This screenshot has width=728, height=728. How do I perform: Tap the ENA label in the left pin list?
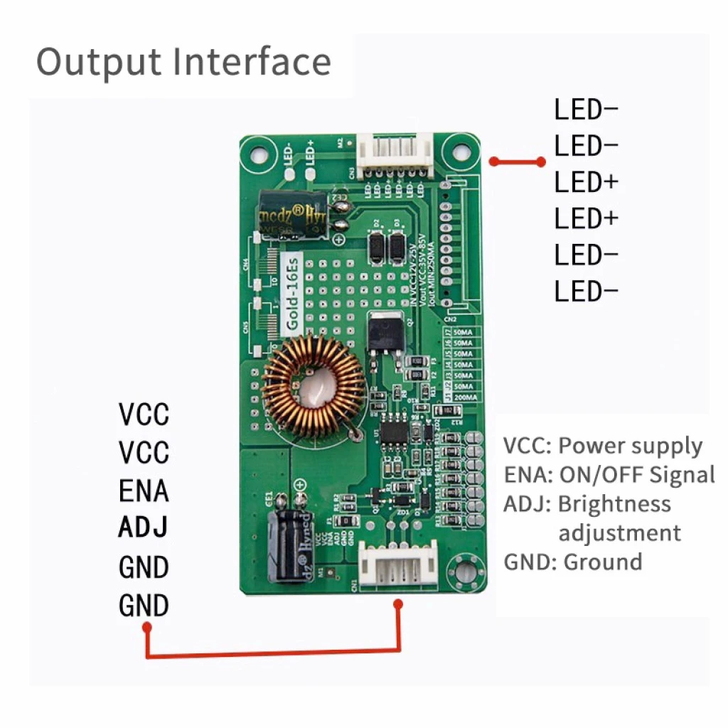(x=144, y=491)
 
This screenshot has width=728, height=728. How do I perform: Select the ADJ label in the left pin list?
(x=144, y=528)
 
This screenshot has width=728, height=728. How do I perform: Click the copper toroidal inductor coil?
(x=314, y=386)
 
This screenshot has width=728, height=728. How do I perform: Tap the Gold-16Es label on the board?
(x=293, y=291)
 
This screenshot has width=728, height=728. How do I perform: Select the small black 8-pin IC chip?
(x=393, y=432)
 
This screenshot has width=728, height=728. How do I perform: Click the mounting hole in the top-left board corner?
(x=257, y=151)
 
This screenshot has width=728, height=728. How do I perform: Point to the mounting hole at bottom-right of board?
(x=466, y=572)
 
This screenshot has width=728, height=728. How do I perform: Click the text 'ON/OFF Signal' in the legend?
(x=637, y=475)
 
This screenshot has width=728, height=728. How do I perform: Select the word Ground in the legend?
(x=603, y=562)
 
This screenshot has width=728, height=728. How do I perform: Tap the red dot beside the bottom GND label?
(x=147, y=627)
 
